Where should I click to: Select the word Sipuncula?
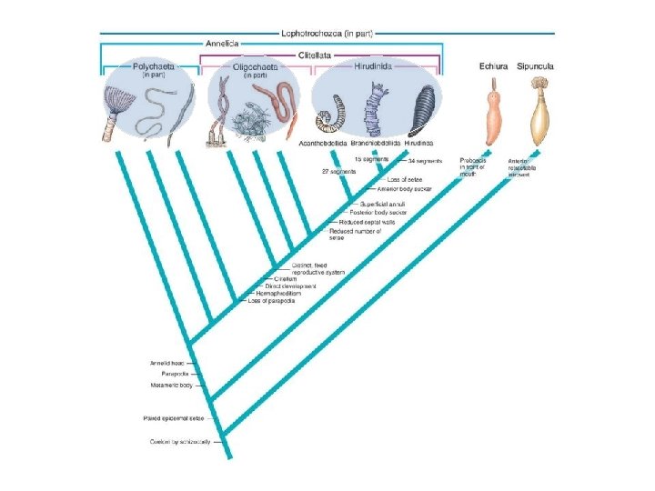pyautogui.click(x=535, y=66)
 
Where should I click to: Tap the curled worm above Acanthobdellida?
pyautogui.click(x=325, y=113)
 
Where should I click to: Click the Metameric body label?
pyautogui.click(x=171, y=385)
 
